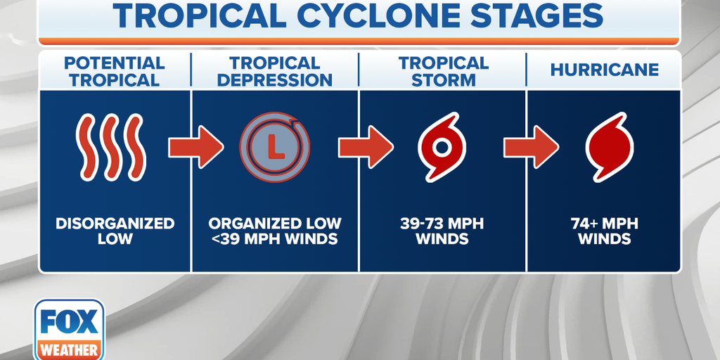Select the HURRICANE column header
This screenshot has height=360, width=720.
[x=604, y=70]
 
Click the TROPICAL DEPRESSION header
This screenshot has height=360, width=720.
[x=275, y=72]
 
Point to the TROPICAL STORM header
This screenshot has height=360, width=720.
[x=443, y=72]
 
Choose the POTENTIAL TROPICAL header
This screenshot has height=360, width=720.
[x=115, y=72]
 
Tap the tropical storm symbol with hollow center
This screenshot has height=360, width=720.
[x=442, y=147]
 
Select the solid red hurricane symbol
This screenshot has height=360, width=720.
[x=610, y=147]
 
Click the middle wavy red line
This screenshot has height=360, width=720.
[x=111, y=147]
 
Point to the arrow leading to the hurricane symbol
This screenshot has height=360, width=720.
[x=531, y=147]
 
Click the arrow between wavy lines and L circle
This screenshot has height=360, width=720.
[x=196, y=147]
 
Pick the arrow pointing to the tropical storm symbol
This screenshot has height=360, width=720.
[x=366, y=147]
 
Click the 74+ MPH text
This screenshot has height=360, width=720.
[x=604, y=224]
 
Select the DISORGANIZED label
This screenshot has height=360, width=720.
[x=115, y=224]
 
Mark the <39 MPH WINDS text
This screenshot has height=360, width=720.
[x=275, y=239]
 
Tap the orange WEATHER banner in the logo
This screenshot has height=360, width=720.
[x=69, y=350]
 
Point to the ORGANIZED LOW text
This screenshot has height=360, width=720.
[x=275, y=224]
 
